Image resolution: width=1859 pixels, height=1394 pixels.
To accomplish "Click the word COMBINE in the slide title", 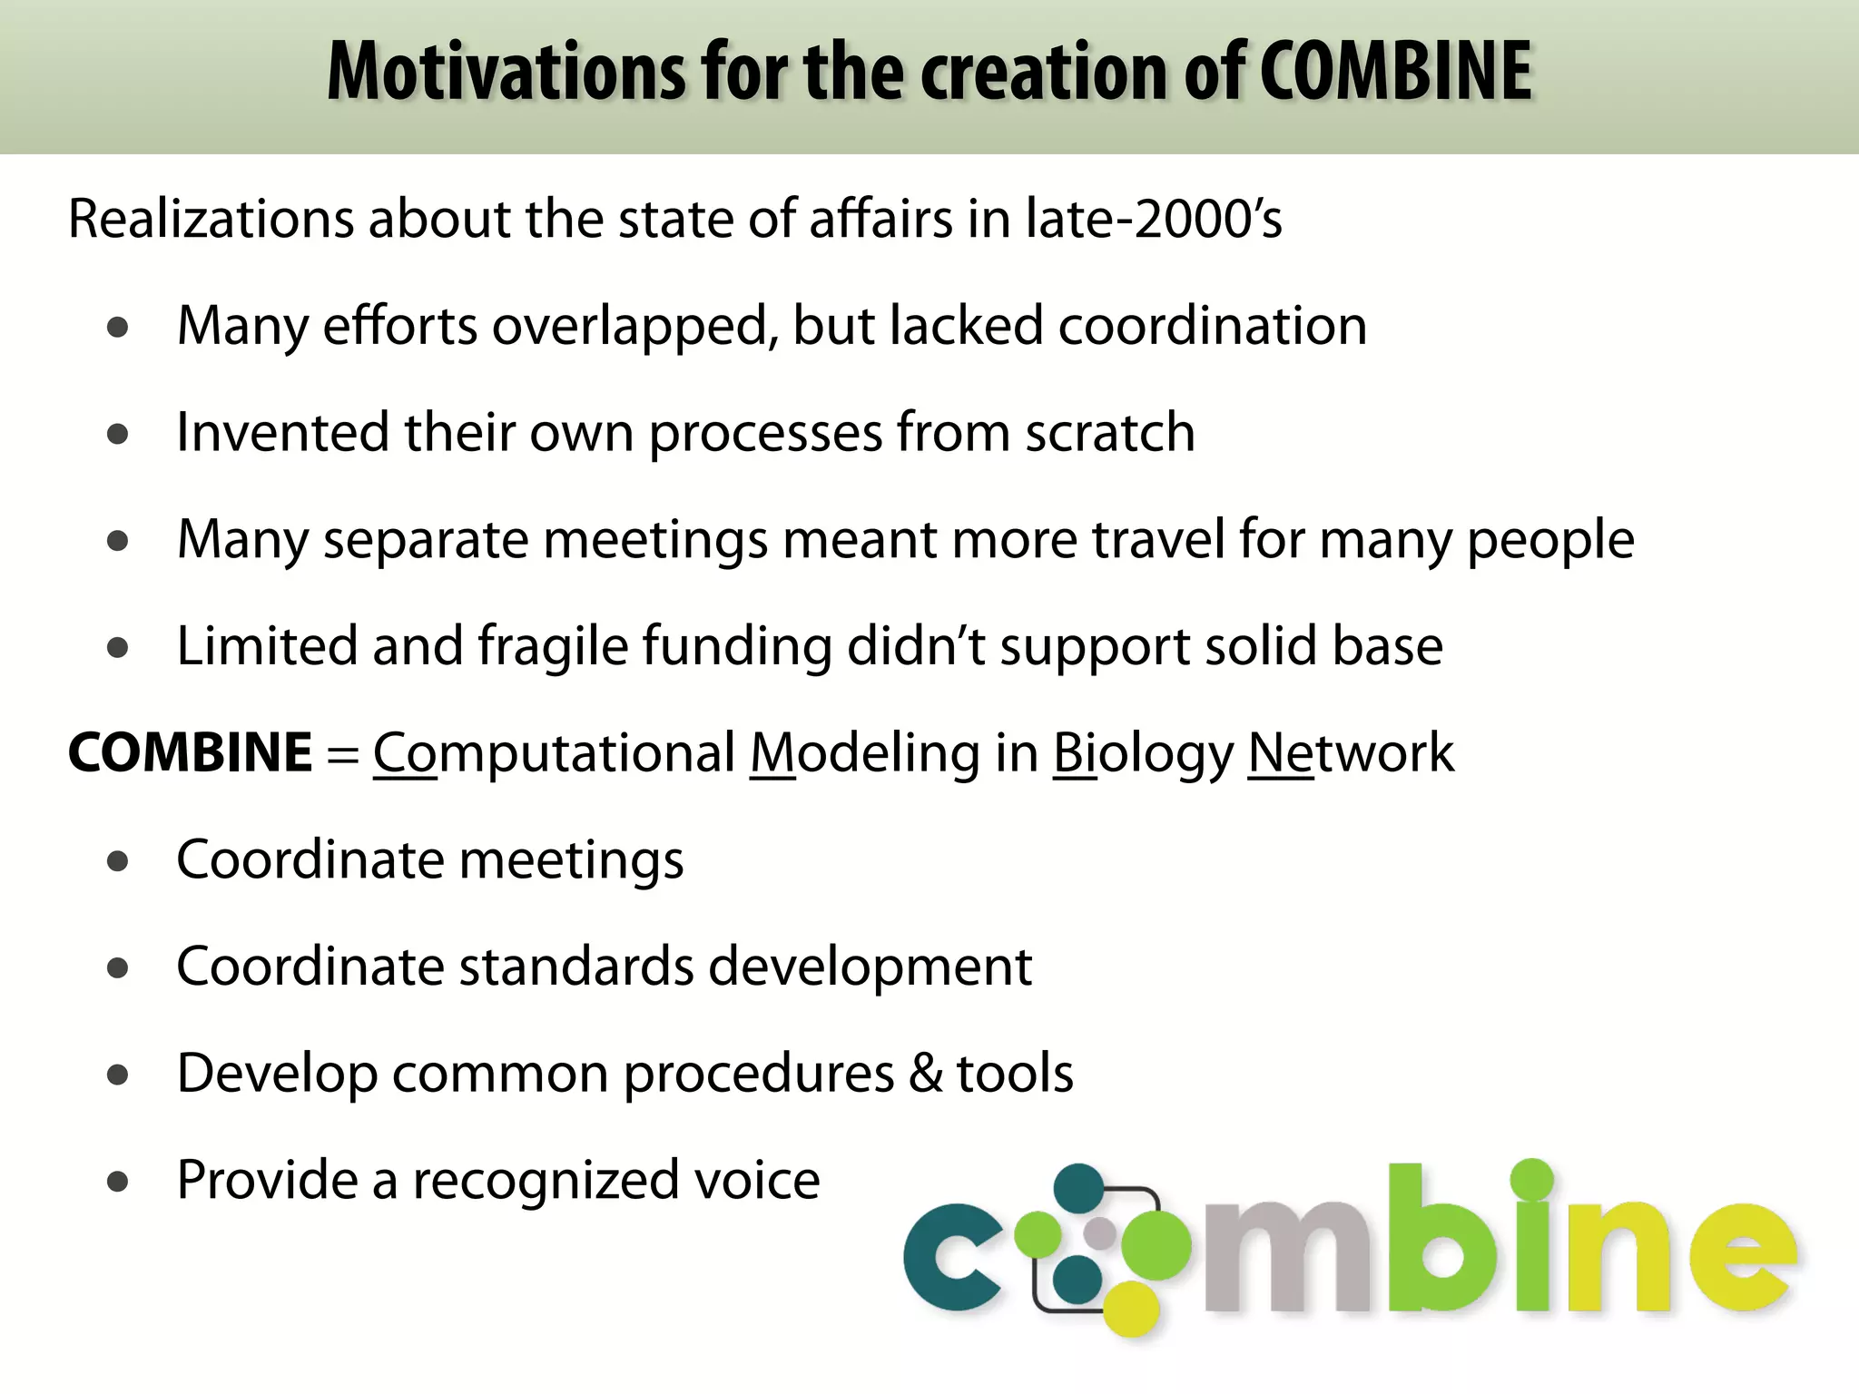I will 1396,73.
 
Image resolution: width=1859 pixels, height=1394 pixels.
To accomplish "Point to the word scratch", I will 1109,432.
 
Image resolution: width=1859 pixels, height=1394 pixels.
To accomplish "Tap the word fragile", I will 553,646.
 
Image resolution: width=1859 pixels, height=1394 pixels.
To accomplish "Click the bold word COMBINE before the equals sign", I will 191,752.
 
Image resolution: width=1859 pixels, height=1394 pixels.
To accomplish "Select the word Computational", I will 554,753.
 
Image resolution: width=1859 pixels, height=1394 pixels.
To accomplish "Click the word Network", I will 1351,753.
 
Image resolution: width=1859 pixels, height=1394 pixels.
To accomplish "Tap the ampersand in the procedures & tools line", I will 925,1074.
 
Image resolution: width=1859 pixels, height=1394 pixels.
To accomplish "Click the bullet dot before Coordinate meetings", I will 117,861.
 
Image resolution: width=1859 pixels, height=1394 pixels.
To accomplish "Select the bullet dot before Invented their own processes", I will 117,434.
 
